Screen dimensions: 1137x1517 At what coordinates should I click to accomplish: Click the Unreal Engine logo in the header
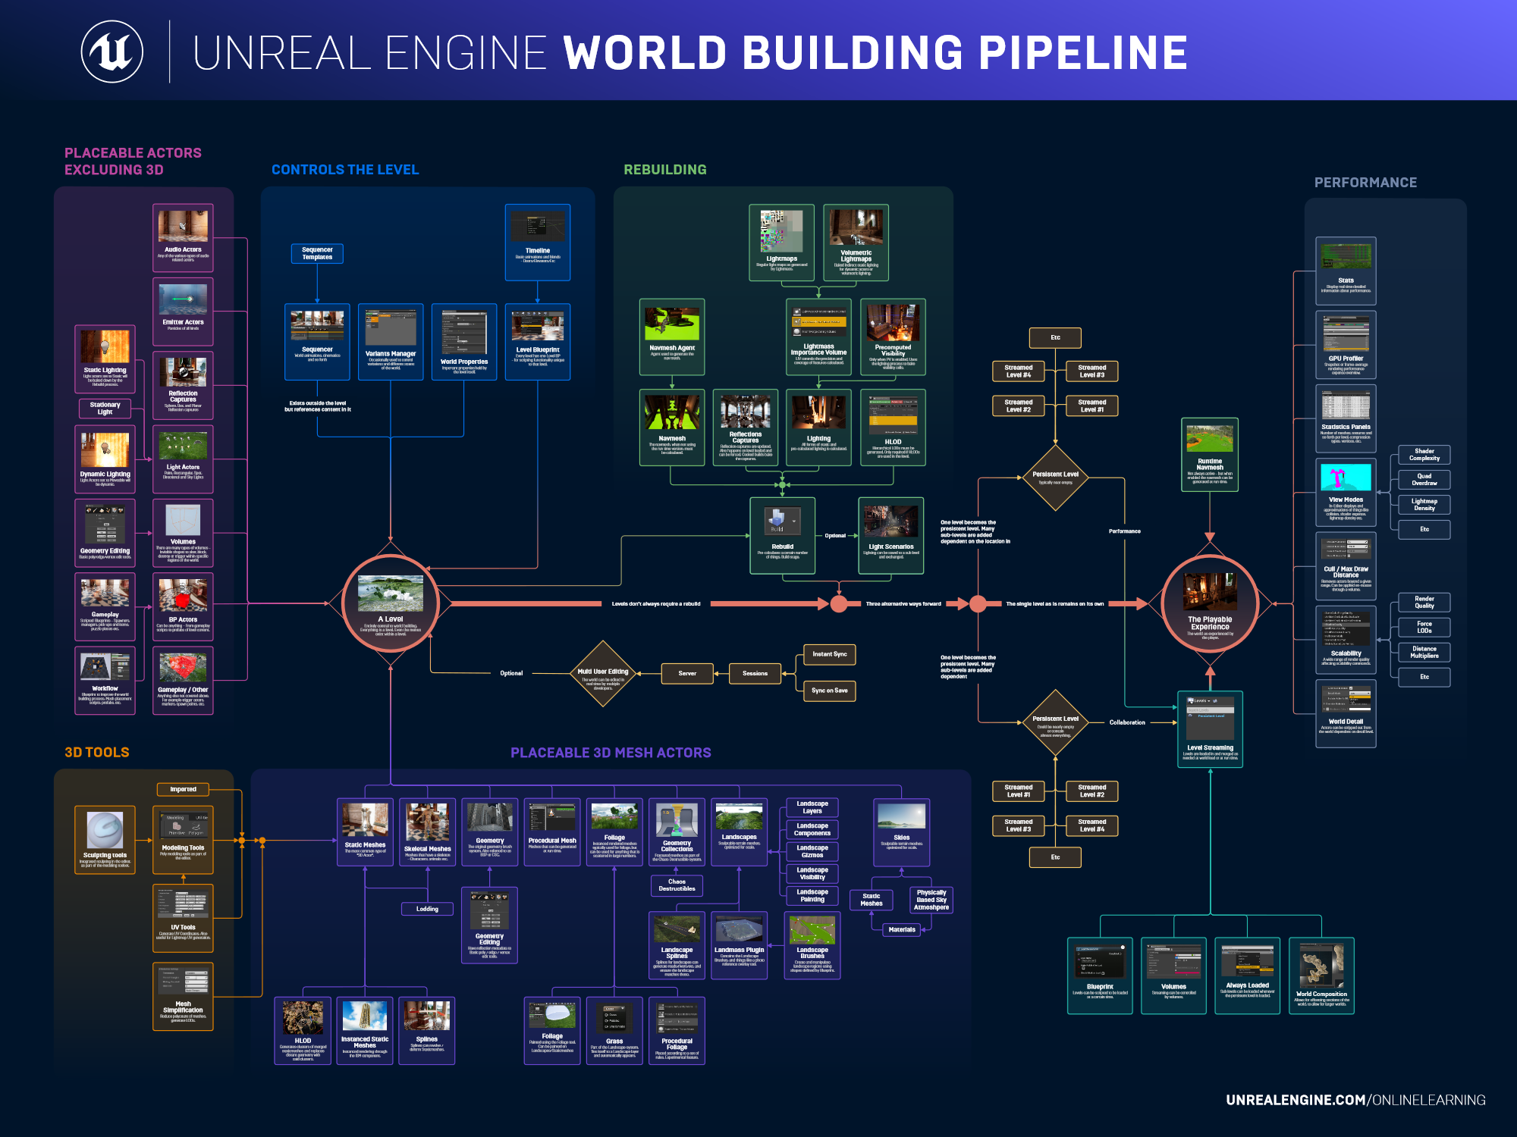[112, 52]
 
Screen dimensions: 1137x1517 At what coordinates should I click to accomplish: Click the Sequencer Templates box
[317, 254]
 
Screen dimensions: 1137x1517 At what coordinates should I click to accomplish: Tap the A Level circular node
[391, 603]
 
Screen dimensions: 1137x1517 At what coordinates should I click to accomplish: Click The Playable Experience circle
[1210, 603]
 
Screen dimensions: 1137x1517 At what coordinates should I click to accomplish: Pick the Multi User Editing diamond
[603, 674]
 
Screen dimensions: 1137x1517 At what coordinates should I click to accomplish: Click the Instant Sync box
[829, 654]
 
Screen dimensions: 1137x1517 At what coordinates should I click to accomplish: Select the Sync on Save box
[829, 691]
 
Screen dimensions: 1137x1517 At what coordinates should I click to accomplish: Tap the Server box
[687, 673]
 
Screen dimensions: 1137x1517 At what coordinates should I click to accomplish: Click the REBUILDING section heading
[665, 170]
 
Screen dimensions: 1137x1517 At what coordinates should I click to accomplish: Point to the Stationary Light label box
[105, 409]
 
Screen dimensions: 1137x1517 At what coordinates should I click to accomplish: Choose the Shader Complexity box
[1424, 455]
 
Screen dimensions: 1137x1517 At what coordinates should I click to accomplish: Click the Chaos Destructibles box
[677, 885]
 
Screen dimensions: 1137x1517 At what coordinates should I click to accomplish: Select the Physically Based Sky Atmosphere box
[931, 900]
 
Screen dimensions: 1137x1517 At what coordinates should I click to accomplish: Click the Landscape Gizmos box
[812, 851]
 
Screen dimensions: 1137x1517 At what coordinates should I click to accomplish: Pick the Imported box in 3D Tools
[183, 789]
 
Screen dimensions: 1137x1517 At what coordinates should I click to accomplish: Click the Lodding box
[427, 909]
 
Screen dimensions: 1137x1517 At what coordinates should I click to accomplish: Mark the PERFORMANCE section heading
[1365, 183]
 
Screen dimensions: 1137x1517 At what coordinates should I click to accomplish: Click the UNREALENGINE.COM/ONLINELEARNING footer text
[1355, 1100]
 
